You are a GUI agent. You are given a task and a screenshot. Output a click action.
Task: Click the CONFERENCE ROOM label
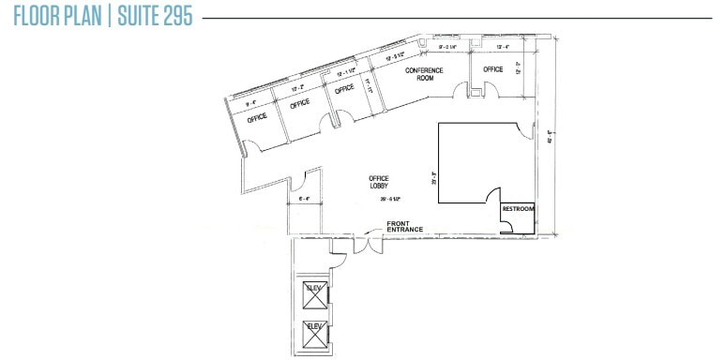[423, 74]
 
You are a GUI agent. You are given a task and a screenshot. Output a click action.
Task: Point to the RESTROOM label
[519, 209]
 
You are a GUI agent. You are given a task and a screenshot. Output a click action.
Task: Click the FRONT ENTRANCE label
[405, 226]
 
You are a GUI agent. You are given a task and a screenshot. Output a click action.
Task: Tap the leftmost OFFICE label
[257, 118]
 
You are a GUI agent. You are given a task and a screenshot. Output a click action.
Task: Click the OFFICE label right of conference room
[493, 69]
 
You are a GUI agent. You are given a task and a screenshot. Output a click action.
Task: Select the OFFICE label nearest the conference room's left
[344, 90]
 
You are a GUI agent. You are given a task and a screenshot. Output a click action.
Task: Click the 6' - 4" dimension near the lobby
[304, 199]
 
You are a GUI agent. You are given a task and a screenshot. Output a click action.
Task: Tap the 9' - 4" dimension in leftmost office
[250, 103]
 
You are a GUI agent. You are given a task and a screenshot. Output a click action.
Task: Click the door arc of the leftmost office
[250, 146]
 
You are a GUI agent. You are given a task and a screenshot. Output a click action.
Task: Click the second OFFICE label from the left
[299, 104]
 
